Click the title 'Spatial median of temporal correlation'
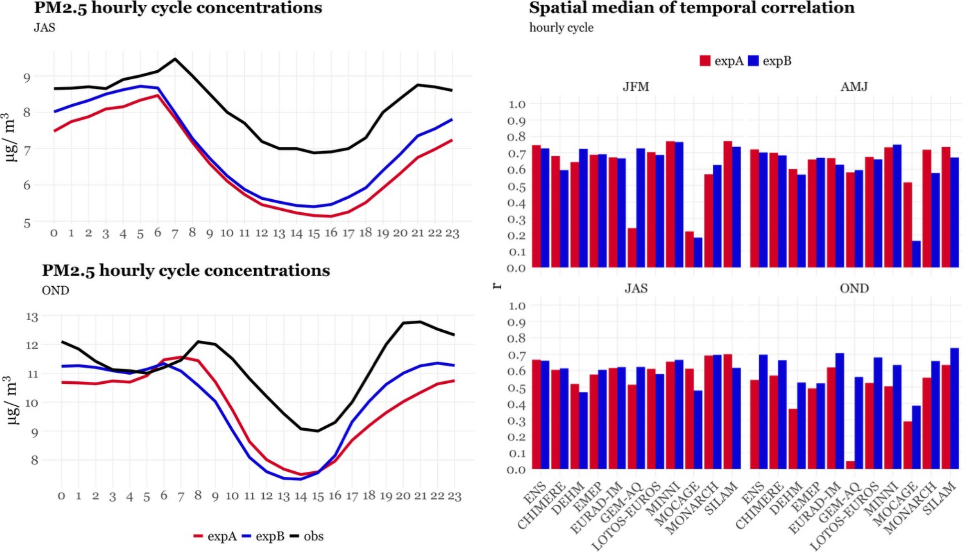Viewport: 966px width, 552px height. point(691,8)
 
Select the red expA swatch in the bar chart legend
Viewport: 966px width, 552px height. point(705,61)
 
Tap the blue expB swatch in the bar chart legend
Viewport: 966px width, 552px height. point(753,61)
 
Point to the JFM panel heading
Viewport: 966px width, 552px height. point(636,87)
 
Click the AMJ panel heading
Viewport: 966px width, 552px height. point(854,87)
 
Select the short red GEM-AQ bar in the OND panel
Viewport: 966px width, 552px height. point(850,465)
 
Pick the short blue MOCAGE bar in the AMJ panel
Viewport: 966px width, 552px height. point(916,254)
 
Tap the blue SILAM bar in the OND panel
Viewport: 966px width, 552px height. point(955,408)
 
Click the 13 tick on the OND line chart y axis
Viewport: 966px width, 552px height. point(32,317)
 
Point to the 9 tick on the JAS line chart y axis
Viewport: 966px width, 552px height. point(27,77)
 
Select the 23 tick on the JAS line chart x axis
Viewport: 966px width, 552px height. point(452,233)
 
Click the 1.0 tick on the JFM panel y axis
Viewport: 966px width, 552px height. point(516,104)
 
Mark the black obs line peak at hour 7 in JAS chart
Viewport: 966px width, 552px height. point(175,59)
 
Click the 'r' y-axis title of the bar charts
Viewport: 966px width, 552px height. point(497,286)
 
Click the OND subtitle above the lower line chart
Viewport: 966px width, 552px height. point(55,291)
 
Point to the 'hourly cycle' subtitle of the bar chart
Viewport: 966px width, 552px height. point(561,28)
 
